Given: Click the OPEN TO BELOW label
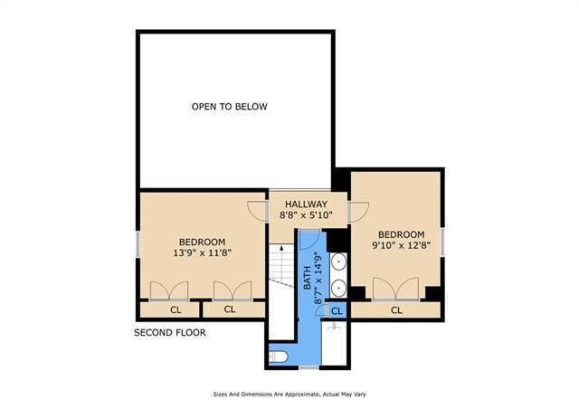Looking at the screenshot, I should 229,107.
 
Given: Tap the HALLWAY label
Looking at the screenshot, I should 306,204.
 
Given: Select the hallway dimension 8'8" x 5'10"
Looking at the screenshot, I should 306,216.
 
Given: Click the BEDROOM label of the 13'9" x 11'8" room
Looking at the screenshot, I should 202,242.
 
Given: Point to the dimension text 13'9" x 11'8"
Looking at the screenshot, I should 202,254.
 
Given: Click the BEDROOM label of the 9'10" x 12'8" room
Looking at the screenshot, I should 401,234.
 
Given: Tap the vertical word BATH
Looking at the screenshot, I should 307,272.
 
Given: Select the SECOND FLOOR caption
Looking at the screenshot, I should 170,333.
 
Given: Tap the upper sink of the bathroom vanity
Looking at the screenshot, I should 337,264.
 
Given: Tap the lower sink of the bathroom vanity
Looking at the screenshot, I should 337,289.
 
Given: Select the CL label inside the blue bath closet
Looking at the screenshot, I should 337,311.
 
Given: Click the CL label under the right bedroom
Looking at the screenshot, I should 396,310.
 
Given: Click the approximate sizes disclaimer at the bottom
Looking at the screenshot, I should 289,395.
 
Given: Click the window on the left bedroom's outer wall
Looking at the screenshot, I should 138,244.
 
